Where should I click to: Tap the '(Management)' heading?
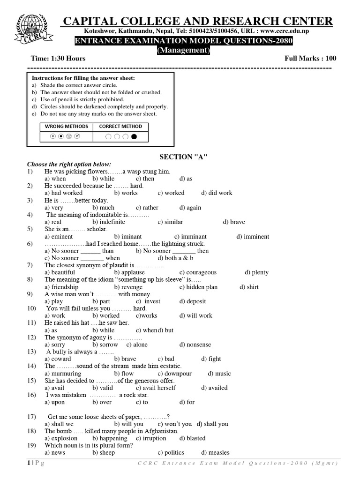[183, 50]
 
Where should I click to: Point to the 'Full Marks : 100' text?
[310, 59]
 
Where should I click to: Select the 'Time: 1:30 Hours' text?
[58, 59]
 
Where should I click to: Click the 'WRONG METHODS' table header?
[66, 127]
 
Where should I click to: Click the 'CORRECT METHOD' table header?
[120, 127]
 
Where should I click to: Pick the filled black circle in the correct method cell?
[135, 137]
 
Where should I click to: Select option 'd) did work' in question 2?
[217, 193]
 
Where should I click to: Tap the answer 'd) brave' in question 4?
[234, 222]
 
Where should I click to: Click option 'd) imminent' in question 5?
[253, 237]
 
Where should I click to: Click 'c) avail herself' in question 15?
[156, 388]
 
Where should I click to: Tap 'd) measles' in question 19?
[215, 452]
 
